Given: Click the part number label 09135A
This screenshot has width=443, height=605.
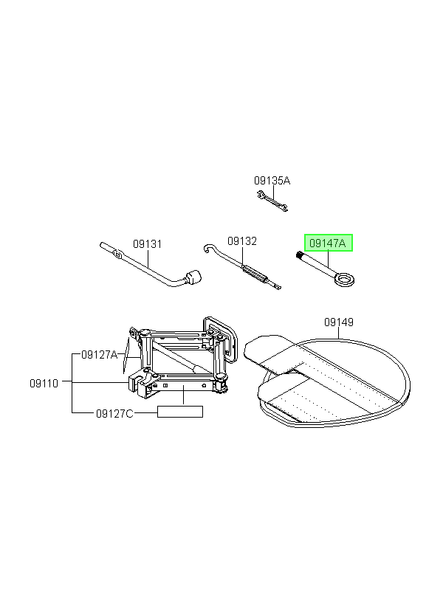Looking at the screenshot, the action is [x=272, y=181].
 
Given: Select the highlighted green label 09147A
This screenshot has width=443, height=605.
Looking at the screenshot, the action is [x=329, y=243].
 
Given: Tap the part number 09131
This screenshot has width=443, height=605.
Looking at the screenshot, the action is [x=147, y=244].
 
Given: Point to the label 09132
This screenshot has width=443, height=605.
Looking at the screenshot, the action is [x=241, y=241].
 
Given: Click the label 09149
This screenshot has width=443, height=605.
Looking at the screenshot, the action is [x=339, y=322].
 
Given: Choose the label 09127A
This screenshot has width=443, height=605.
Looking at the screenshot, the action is [x=99, y=355].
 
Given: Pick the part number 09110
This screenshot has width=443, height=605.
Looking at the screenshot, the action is [x=44, y=384].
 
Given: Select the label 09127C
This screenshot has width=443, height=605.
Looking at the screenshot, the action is [x=114, y=414].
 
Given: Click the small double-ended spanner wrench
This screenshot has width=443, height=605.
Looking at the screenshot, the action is [x=272, y=201].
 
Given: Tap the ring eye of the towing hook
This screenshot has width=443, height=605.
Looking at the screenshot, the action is [x=345, y=279].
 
